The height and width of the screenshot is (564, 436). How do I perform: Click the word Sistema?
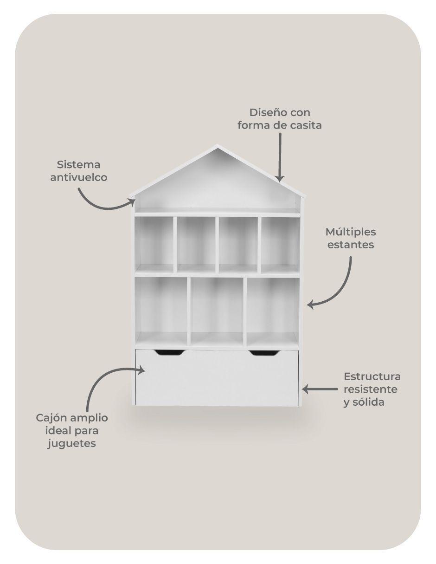pyautogui.click(x=78, y=164)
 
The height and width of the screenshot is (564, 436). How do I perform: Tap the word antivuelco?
pyautogui.click(x=79, y=177)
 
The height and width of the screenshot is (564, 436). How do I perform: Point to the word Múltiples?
pyautogui.click(x=351, y=232)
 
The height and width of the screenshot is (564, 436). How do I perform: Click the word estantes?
pyautogui.click(x=351, y=245)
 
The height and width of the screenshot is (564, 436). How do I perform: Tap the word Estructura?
pyautogui.click(x=372, y=376)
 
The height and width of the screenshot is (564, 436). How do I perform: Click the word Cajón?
pyautogui.click(x=51, y=418)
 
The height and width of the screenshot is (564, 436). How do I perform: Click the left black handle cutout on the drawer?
pyautogui.click(x=169, y=352)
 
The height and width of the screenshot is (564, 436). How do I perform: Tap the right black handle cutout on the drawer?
pyautogui.click(x=265, y=352)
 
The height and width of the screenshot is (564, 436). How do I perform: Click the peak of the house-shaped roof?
pyautogui.click(x=217, y=145)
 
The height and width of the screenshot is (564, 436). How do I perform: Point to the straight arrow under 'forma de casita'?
pyautogui.click(x=280, y=157)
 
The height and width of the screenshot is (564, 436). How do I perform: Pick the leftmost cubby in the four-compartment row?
pyautogui.click(x=154, y=245)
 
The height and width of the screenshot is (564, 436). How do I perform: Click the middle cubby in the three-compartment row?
pyautogui.click(x=217, y=311)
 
